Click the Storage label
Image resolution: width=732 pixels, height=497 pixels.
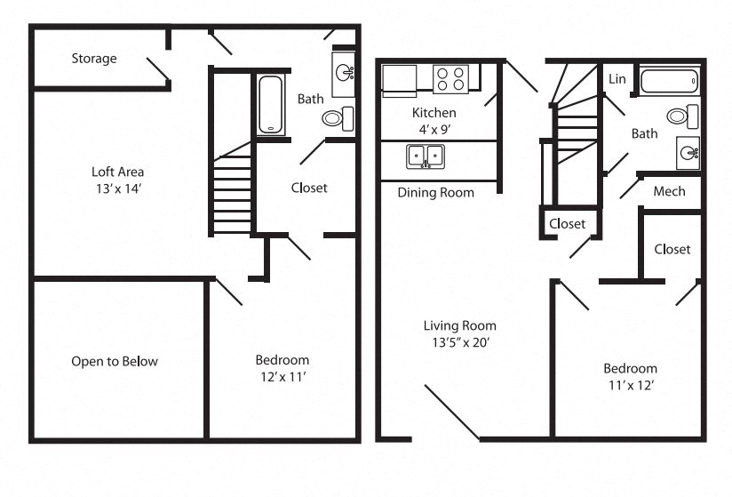click(93, 59)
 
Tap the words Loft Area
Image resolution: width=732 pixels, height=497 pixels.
click(117, 172)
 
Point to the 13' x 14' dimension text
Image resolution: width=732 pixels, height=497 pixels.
click(117, 190)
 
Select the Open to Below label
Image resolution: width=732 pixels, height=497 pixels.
click(115, 361)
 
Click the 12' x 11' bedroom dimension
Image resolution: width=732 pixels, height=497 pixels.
click(282, 377)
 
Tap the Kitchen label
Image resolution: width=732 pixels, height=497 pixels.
click(434, 113)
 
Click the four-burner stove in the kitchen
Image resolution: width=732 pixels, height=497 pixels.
click(450, 79)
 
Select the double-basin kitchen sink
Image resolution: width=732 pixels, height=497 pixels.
click(426, 157)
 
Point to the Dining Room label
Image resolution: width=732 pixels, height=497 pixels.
click(435, 192)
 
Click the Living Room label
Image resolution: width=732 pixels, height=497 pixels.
click(459, 325)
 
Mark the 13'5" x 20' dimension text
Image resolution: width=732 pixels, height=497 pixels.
click(459, 343)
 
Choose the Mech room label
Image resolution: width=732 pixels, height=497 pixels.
click(669, 191)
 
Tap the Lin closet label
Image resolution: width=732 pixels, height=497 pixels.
click(617, 79)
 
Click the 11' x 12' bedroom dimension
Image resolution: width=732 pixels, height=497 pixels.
click(630, 386)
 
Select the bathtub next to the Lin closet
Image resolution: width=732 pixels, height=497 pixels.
click(669, 82)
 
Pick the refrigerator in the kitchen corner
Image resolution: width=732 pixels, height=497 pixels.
click(398, 78)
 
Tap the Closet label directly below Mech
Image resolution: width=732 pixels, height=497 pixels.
click(672, 249)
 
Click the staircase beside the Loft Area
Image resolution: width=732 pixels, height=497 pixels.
click(233, 191)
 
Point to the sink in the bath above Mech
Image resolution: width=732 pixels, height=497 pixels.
click(688, 153)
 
